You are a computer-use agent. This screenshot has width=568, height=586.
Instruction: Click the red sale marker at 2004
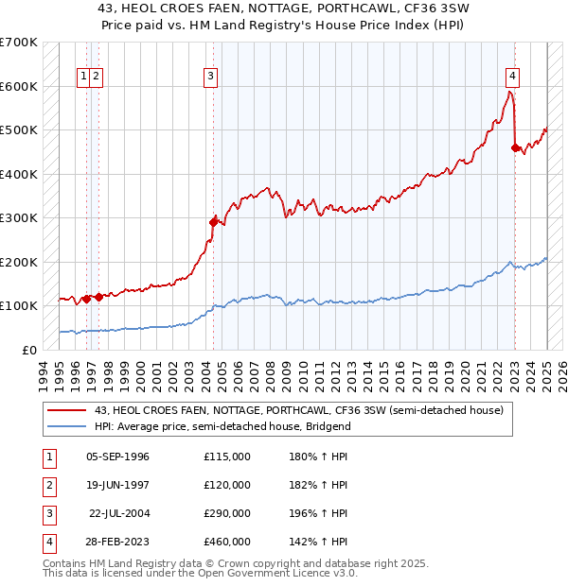[213, 222]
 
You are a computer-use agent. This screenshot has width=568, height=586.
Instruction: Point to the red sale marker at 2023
[515, 147]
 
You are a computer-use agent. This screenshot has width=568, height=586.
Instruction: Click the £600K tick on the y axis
[18, 86]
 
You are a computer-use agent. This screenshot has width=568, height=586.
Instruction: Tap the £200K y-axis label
[18, 262]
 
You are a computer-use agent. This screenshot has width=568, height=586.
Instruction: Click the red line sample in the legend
[66, 410]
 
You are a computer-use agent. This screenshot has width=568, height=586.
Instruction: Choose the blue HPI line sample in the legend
[66, 426]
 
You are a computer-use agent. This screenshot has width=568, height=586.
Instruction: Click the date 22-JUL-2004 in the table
[119, 513]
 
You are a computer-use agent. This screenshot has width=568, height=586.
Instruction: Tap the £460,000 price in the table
[227, 542]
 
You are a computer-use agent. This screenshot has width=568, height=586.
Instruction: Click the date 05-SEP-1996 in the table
[117, 457]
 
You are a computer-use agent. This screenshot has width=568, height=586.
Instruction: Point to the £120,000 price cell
[227, 485]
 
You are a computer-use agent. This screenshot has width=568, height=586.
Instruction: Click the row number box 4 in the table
[47, 542]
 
